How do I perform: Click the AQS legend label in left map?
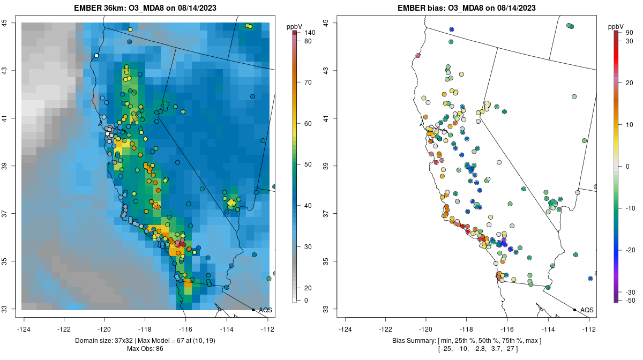265,310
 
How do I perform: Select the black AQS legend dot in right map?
574,310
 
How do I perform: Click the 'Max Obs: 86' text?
145,349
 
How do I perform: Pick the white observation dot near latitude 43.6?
96,55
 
